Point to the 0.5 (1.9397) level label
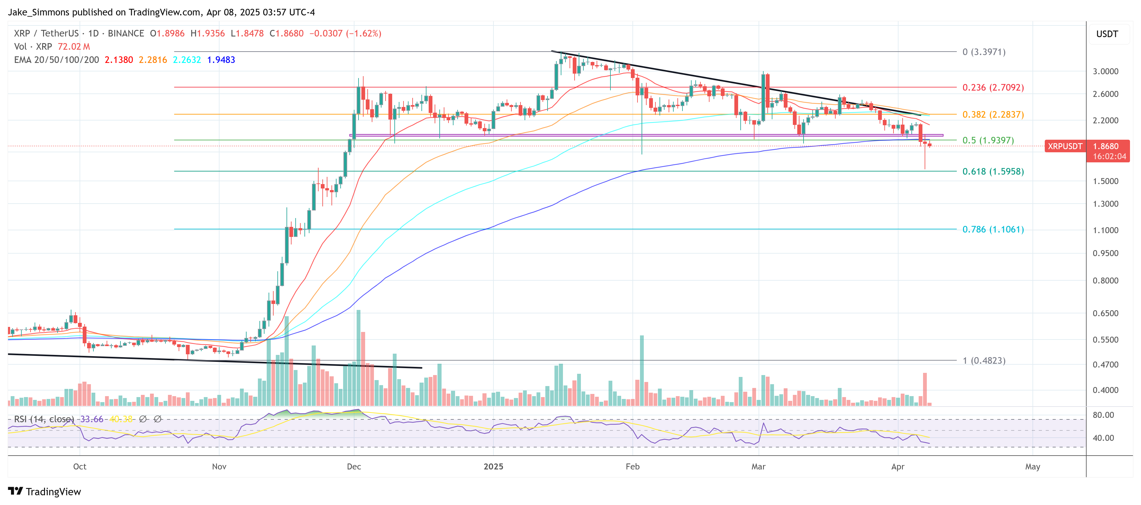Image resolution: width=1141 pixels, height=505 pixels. (x=988, y=140)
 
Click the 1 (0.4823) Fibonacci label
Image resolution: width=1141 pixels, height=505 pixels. (x=983, y=361)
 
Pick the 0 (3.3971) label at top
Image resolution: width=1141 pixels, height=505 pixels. (x=983, y=52)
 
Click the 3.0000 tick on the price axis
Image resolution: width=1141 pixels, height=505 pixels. (x=1105, y=71)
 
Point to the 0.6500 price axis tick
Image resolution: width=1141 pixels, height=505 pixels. (x=1105, y=313)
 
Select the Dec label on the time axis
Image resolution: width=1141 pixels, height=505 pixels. (x=354, y=467)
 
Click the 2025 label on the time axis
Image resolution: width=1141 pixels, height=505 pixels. (x=493, y=467)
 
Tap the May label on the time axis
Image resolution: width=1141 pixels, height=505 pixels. (x=1032, y=467)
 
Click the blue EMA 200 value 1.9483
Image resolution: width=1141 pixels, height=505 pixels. (x=221, y=60)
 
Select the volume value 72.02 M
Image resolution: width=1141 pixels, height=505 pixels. (x=74, y=47)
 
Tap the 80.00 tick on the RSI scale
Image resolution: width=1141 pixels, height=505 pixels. (x=1103, y=415)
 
